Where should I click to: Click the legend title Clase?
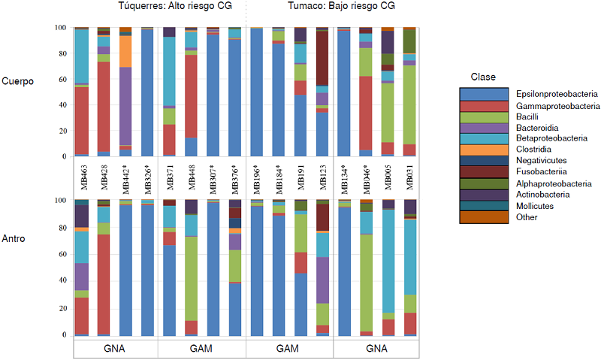pos(482,77)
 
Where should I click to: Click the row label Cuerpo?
pos(18,81)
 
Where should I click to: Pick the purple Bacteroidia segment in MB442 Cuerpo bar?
pos(125,105)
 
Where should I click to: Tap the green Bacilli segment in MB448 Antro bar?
pos(191,278)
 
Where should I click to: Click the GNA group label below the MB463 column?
pos(114,349)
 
